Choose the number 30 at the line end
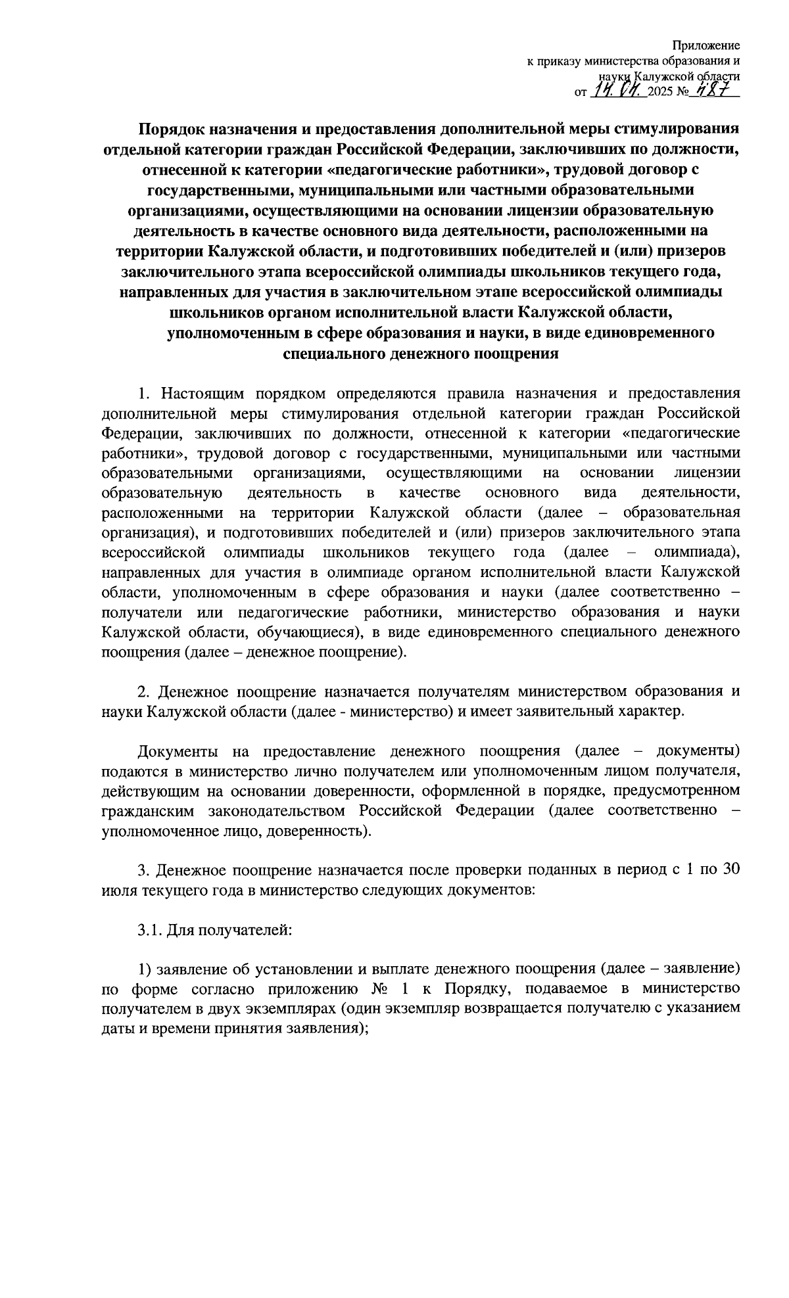coord(731,869)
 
